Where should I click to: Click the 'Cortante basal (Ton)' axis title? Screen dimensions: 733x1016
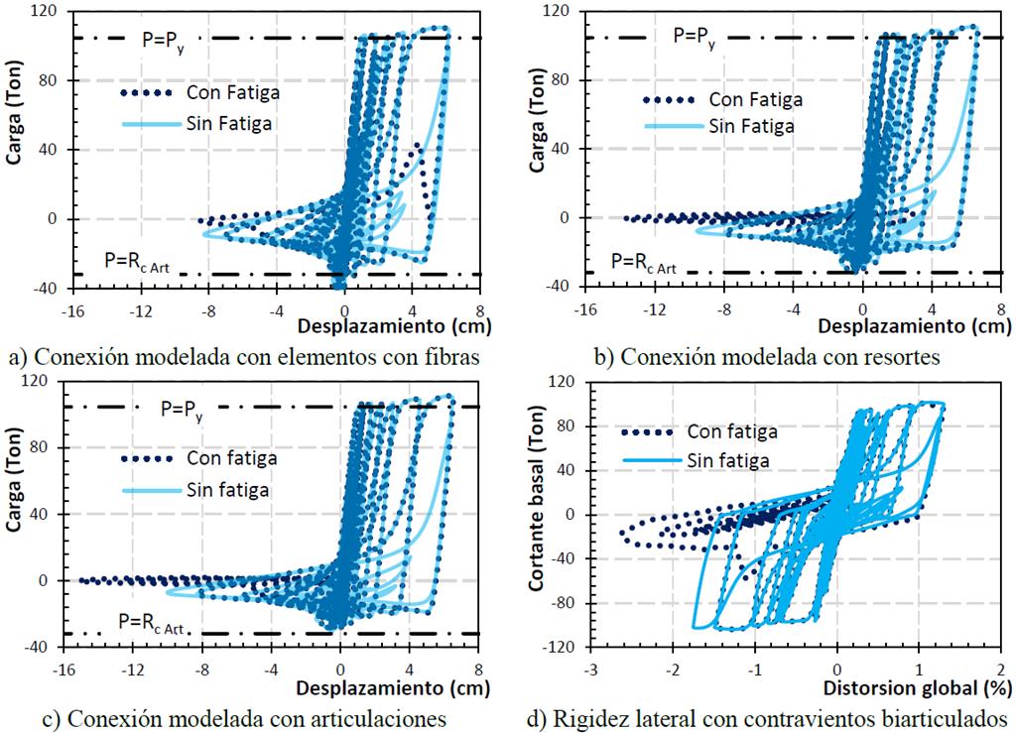[x=540, y=513]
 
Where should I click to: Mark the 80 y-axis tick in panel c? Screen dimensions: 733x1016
[x=46, y=447]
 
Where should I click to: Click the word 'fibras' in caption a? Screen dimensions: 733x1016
[x=440, y=353]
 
